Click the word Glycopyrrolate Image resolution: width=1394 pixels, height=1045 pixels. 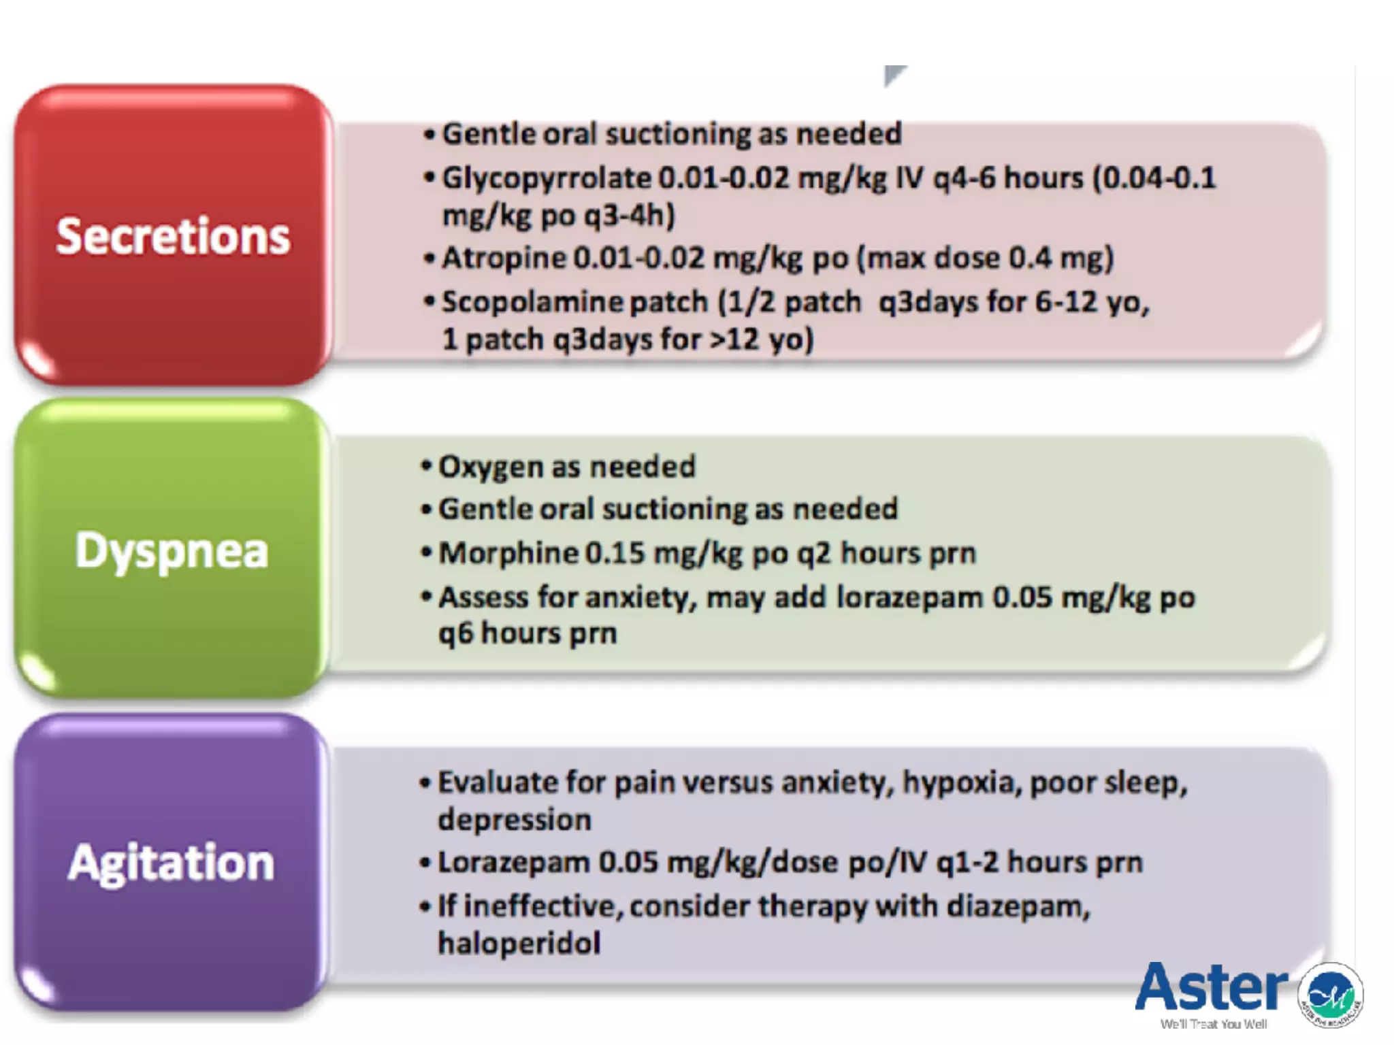coord(547,179)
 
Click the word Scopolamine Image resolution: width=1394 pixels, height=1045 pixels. coord(532,302)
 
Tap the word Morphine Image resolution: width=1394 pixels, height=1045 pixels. coord(508,553)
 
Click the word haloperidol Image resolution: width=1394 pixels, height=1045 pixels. coord(519,944)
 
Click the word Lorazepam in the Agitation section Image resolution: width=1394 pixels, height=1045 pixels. coord(513,863)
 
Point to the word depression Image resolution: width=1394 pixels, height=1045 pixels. coord(514,820)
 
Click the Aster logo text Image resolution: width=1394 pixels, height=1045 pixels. coord(1212,988)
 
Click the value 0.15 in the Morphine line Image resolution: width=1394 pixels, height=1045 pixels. coord(614,553)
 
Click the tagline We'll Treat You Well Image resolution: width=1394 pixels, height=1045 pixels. coord(1213,1024)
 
